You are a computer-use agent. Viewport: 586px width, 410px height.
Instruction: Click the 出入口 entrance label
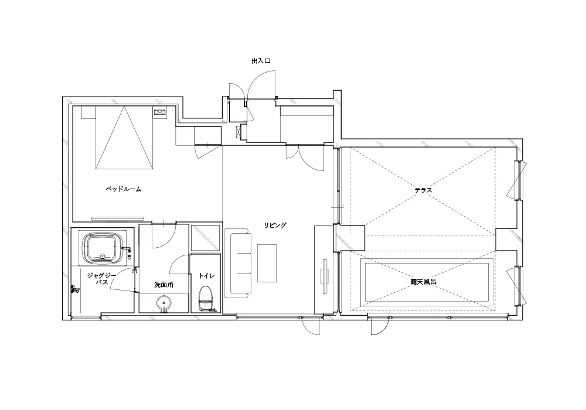click(261, 61)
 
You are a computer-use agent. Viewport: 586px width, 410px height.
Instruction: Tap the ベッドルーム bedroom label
click(124, 189)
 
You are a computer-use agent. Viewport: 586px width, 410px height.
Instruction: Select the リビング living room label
click(275, 225)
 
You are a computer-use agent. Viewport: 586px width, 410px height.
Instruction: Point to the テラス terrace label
click(423, 190)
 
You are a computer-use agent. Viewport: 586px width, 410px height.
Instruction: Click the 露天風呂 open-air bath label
click(424, 282)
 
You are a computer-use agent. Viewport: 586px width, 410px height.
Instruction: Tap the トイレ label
click(207, 275)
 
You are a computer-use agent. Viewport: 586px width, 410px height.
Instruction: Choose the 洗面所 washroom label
click(164, 285)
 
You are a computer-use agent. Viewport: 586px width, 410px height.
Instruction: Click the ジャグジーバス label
click(101, 279)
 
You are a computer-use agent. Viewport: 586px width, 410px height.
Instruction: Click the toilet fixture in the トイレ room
click(205, 298)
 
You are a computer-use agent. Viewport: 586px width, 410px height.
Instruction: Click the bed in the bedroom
click(124, 138)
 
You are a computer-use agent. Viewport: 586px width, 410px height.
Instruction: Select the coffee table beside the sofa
click(267, 263)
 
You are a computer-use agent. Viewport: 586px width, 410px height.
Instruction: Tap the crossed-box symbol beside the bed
click(159, 112)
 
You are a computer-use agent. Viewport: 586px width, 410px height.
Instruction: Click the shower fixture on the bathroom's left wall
click(75, 289)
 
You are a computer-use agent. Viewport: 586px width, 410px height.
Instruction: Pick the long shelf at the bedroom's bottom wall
click(117, 218)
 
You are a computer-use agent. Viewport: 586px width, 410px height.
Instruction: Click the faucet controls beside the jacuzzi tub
click(129, 253)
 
